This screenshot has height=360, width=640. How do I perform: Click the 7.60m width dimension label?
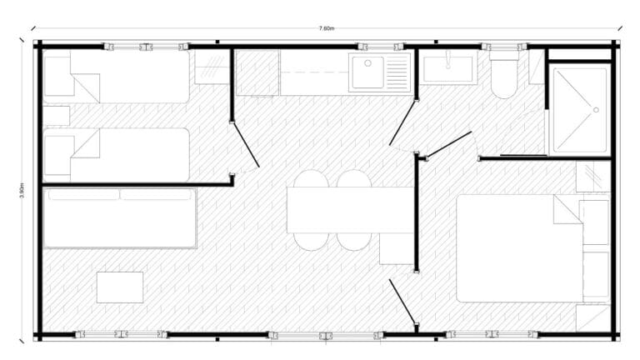tap(326, 28)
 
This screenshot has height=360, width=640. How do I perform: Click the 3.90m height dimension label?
tap(22, 191)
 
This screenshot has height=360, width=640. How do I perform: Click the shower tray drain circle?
tap(596, 110)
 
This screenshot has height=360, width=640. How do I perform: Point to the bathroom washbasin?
tap(447, 68)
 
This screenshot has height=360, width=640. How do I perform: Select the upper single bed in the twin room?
tap(117, 77)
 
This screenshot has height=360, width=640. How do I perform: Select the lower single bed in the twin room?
tap(117, 155)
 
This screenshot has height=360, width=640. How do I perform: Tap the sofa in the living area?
tap(120, 218)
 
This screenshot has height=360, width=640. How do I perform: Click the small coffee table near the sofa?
tap(120, 287)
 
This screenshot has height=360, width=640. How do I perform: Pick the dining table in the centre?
tap(350, 210)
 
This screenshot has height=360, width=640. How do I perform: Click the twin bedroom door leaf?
tap(246, 145)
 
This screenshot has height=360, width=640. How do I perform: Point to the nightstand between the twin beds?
tap(57, 116)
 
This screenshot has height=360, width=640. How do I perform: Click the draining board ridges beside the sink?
tap(397, 72)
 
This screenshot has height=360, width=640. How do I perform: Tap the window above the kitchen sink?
tap(381, 47)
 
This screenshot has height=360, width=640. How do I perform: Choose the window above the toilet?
tap(504, 47)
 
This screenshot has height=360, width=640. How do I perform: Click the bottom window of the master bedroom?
tap(492, 334)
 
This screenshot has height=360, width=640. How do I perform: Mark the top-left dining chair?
tap(311, 178)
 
